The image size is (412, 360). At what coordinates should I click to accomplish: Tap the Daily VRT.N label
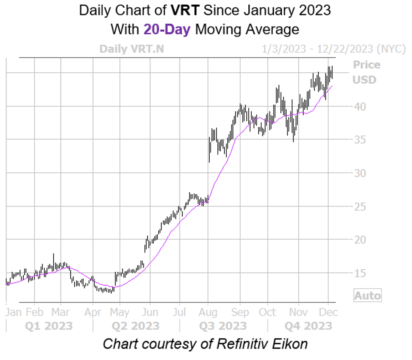131,49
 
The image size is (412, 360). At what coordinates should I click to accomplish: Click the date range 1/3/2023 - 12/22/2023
333,49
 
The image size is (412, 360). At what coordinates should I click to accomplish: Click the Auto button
367,295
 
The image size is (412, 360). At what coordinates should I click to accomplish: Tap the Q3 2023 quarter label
223,326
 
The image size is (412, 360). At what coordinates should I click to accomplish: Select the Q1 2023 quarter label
49,326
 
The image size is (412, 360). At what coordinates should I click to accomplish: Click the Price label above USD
366,65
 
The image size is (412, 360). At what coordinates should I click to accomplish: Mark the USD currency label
364,80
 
